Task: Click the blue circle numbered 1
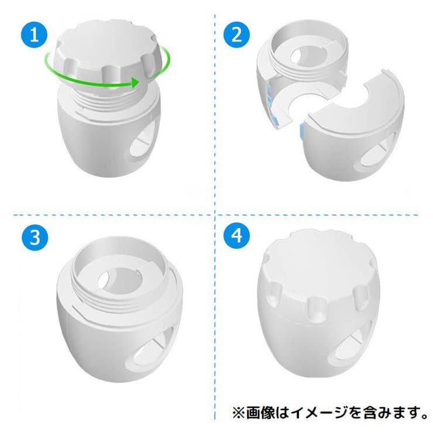pyautogui.click(x=35, y=35)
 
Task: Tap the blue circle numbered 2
pyautogui.click(x=236, y=35)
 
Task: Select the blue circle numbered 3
pyautogui.click(x=35, y=237)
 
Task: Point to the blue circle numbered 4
pyautogui.click(x=236, y=236)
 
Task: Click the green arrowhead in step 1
pyautogui.click(x=135, y=83)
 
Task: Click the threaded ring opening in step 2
pyautogui.click(x=307, y=55)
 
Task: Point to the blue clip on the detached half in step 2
pyautogui.click(x=301, y=130)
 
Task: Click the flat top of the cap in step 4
pyautogui.click(x=318, y=262)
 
